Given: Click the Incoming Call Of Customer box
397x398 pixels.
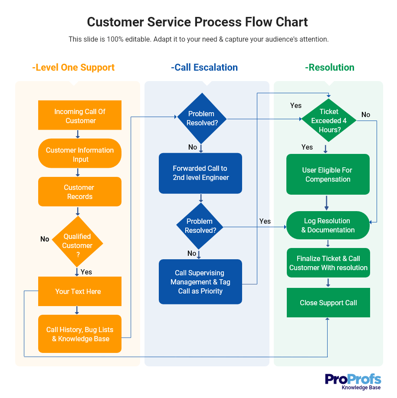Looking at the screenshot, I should pyautogui.click(x=80, y=116).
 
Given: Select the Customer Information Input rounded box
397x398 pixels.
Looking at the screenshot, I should pyautogui.click(x=80, y=154).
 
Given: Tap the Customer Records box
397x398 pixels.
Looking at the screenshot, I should pyautogui.click(x=80, y=192).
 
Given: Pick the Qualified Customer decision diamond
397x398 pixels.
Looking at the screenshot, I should pyautogui.click(x=78, y=242).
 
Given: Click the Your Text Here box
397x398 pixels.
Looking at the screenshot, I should pyautogui.click(x=80, y=291).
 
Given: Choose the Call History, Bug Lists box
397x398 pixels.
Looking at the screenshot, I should pyautogui.click(x=80, y=334).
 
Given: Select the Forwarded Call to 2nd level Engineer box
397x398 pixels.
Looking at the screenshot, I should pyautogui.click(x=200, y=173).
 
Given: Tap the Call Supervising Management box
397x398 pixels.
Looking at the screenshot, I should pyautogui.click(x=200, y=282).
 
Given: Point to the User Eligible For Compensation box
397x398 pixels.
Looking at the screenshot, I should pyautogui.click(x=328, y=174).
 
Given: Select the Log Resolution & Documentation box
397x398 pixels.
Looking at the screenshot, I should pyautogui.click(x=328, y=225).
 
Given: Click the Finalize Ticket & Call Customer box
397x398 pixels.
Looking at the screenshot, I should pyautogui.click(x=328, y=263).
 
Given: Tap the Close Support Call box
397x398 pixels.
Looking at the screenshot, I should pyautogui.click(x=328, y=303).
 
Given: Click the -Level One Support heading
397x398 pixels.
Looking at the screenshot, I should pyautogui.click(x=73, y=68).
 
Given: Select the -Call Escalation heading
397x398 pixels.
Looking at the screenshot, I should pyautogui.click(x=204, y=68).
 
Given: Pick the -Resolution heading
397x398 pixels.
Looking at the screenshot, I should pyautogui.click(x=330, y=68).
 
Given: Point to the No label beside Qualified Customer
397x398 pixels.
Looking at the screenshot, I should pyautogui.click(x=45, y=239).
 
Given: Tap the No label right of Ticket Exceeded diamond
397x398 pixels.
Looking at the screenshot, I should pyautogui.click(x=366, y=114).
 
